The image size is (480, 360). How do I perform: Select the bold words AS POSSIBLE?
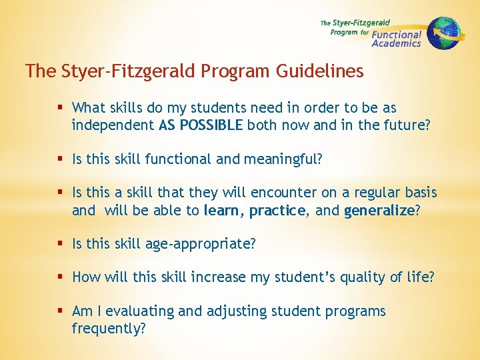[201, 125]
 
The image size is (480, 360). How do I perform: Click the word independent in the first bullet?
[113, 125]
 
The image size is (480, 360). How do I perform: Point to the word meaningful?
[289, 159]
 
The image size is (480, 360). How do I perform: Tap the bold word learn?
[223, 210]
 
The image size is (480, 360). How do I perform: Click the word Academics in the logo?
[396, 43]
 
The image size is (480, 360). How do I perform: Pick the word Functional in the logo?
[397, 34]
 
